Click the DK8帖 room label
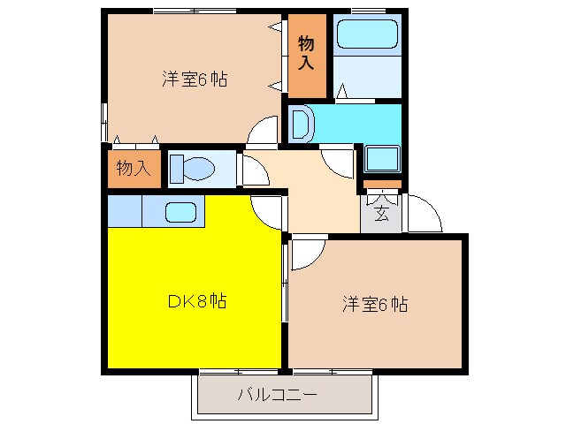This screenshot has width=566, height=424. (195, 301)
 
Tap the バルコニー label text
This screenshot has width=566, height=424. (275, 394)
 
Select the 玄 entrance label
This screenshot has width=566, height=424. (380, 213)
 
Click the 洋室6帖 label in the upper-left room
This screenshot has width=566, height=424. (195, 79)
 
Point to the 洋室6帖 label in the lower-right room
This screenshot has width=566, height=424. (375, 306)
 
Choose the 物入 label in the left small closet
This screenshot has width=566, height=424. (133, 168)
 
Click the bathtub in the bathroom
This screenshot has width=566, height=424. (369, 35)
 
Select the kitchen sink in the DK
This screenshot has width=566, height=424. (180, 212)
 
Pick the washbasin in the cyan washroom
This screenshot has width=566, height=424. (299, 123)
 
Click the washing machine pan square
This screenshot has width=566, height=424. (382, 160)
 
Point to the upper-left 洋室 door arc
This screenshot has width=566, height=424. (262, 131)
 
